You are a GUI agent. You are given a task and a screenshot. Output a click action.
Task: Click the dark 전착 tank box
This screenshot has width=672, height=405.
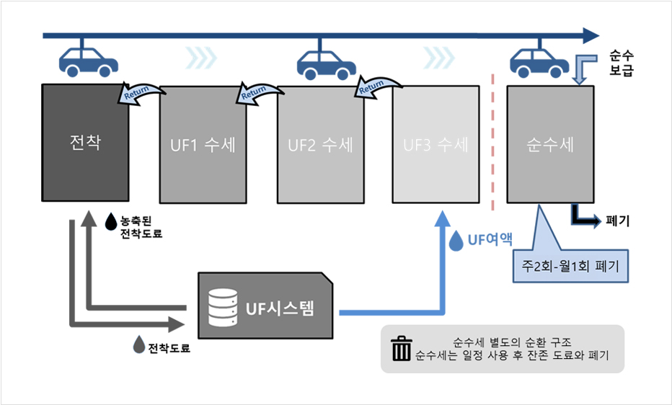85,143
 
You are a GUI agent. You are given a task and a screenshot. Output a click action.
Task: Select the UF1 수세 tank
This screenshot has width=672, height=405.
203,145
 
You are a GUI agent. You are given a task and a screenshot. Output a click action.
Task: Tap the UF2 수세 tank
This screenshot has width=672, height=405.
320,145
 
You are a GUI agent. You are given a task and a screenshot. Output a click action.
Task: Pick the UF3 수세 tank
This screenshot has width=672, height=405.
436,145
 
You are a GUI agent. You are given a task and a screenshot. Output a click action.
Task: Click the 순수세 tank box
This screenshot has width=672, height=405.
550,145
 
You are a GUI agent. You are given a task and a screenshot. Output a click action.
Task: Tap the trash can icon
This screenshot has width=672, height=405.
399,348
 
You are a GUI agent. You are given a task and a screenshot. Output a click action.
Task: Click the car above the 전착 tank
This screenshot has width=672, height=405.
89,61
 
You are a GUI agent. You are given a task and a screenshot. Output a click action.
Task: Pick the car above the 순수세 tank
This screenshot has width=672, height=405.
539,61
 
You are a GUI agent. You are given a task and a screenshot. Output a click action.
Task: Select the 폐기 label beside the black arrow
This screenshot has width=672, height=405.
619,221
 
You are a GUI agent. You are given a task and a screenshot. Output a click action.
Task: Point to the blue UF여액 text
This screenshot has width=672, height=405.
490,240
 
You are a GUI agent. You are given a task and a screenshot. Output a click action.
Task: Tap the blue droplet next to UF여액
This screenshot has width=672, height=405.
456,241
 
